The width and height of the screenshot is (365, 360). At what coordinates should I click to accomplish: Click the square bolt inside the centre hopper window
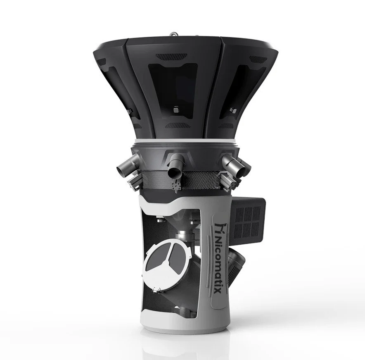pyautogui.click(x=175, y=111)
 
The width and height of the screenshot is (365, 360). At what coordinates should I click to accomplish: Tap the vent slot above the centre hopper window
pyautogui.click(x=176, y=57)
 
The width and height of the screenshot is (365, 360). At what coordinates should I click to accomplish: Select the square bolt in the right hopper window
pyautogui.click(x=234, y=111)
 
